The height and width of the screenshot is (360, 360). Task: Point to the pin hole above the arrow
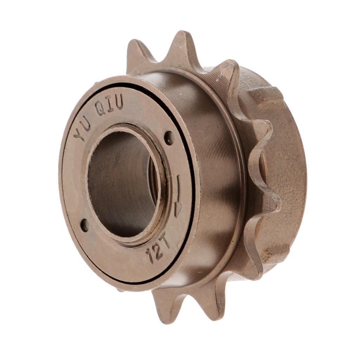click(169, 138)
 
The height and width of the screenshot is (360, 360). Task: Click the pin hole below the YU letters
click(84, 225)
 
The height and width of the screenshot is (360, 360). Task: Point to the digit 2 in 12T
click(158, 250)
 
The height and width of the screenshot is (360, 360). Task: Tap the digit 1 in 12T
click(151, 256)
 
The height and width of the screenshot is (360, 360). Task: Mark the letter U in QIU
click(119, 102)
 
